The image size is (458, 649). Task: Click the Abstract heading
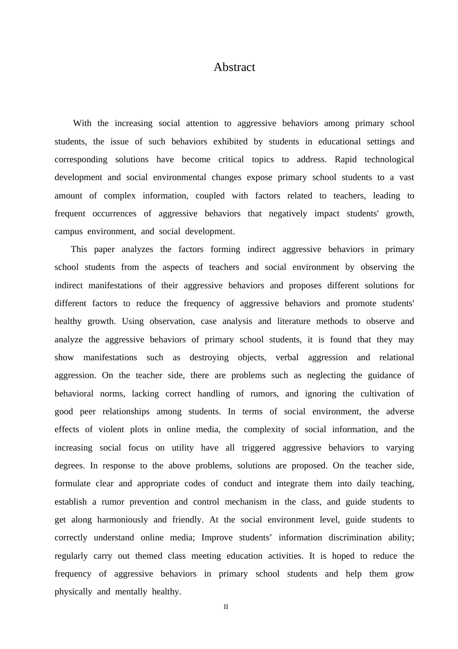point(234,67)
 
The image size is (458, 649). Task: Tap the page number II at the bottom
point(226,607)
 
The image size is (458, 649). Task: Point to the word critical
point(231,159)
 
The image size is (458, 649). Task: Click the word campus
point(68,231)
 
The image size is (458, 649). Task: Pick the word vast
point(406,177)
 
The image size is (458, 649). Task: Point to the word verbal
point(287,357)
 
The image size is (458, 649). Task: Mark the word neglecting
point(327,375)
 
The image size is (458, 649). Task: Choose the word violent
point(111,429)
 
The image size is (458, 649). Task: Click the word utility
point(183,448)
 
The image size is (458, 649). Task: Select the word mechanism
point(245,502)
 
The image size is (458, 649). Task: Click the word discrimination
point(369,537)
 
